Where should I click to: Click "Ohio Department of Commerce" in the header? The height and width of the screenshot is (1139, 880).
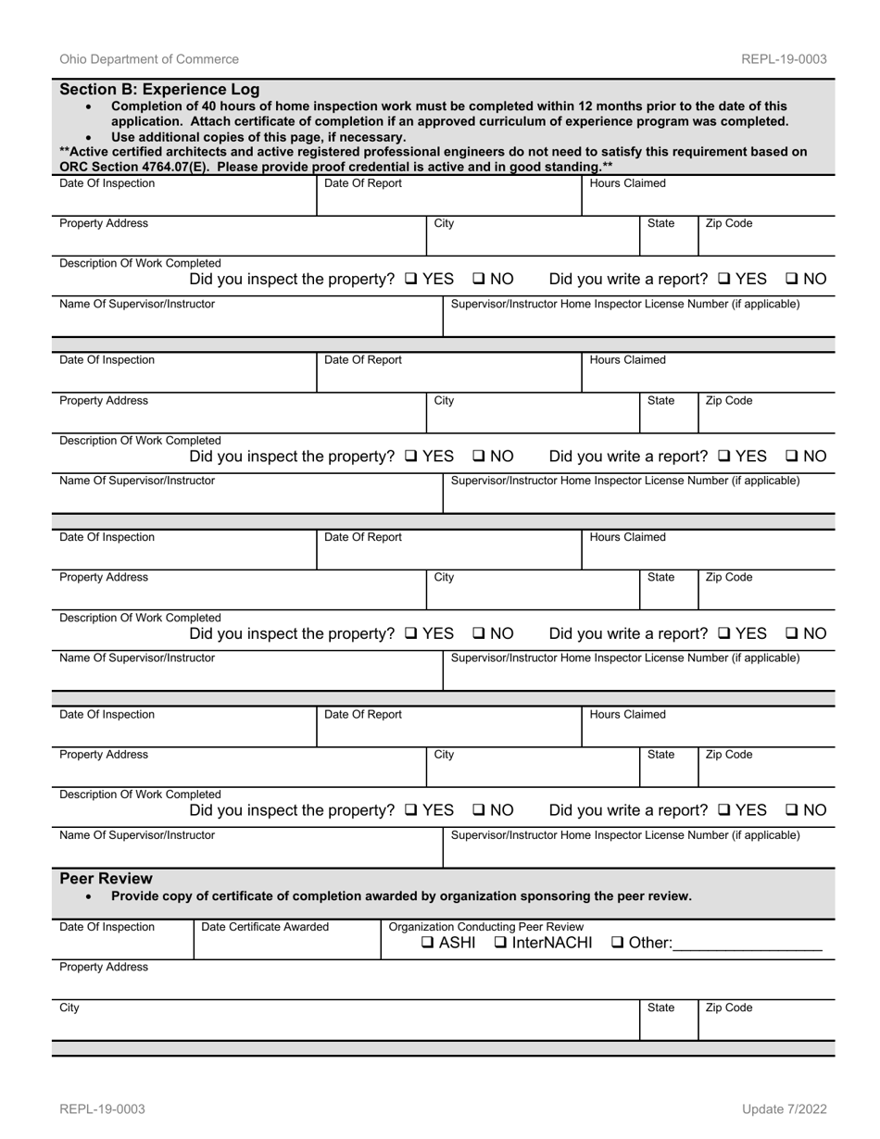click(149, 59)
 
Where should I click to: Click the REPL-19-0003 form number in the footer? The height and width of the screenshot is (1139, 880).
click(102, 1109)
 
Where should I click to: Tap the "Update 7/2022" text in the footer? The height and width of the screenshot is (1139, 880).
click(784, 1109)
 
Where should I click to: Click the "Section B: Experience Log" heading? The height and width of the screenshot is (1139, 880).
click(159, 90)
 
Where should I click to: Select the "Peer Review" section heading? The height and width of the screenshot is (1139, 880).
click(106, 879)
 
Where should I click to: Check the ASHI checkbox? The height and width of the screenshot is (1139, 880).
click(427, 944)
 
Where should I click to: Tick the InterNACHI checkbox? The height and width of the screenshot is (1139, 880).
click(500, 944)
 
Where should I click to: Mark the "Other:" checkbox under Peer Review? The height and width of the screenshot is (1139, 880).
click(618, 944)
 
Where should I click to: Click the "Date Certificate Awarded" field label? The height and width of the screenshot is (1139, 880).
click(265, 927)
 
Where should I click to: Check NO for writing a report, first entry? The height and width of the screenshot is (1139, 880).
click(792, 280)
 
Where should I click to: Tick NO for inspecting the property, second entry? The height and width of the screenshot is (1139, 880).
click(479, 457)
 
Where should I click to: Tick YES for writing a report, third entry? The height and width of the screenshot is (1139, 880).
click(724, 634)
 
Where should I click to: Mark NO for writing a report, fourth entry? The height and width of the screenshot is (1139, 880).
click(792, 811)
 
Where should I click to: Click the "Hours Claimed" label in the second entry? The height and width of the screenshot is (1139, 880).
click(627, 359)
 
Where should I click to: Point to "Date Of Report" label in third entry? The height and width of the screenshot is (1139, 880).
click(363, 537)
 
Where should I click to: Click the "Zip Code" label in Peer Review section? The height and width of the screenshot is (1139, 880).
click(729, 1008)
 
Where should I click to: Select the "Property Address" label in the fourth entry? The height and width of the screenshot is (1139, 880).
click(104, 755)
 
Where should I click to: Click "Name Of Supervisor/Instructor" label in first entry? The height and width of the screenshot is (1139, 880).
click(137, 304)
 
